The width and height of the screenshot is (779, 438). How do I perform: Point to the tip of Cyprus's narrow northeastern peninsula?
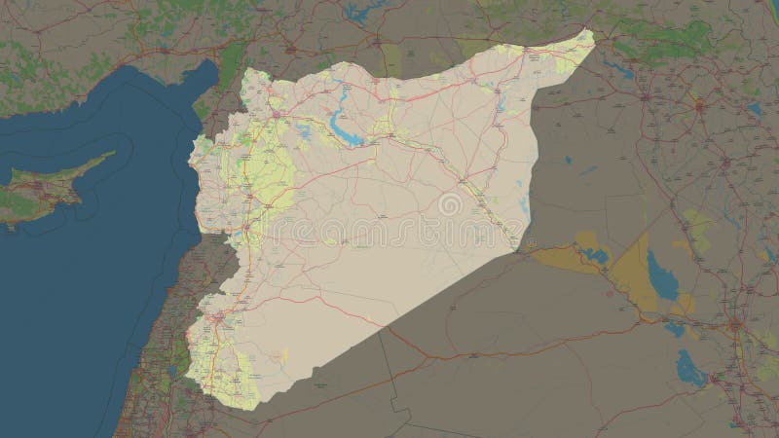(x=114, y=153)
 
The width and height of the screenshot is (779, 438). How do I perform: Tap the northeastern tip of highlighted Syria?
(x=591, y=30)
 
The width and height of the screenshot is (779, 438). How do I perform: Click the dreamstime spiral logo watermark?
(x=450, y=205)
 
